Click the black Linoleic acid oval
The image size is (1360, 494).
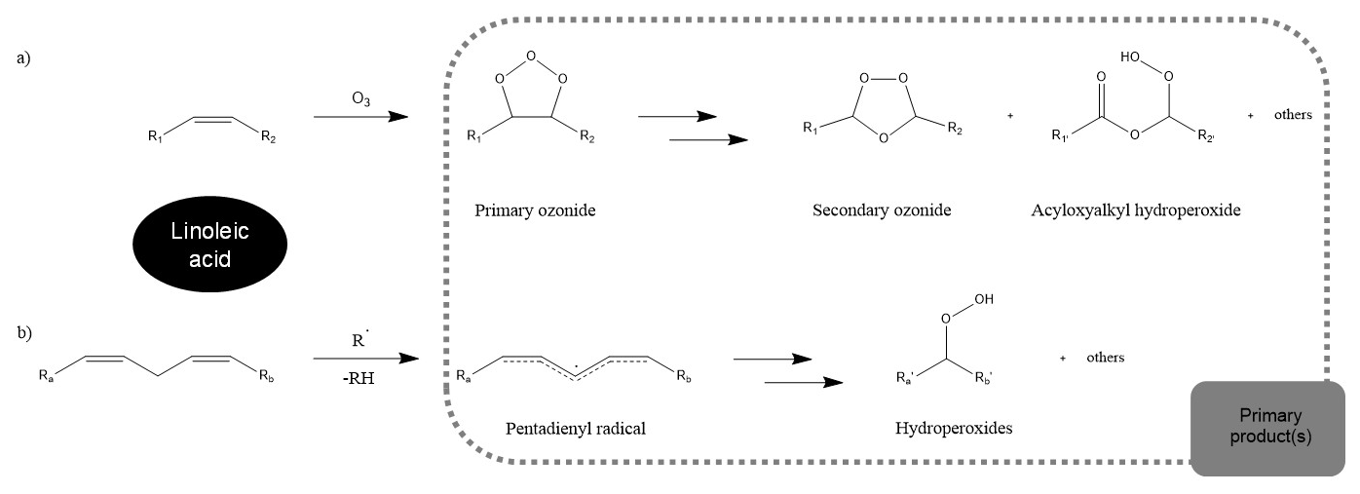(x=210, y=241)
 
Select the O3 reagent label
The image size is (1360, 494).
(x=360, y=99)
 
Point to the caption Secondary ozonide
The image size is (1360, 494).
(x=868, y=209)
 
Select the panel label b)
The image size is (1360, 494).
(x=24, y=333)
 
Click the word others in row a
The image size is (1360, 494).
(x=1293, y=115)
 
